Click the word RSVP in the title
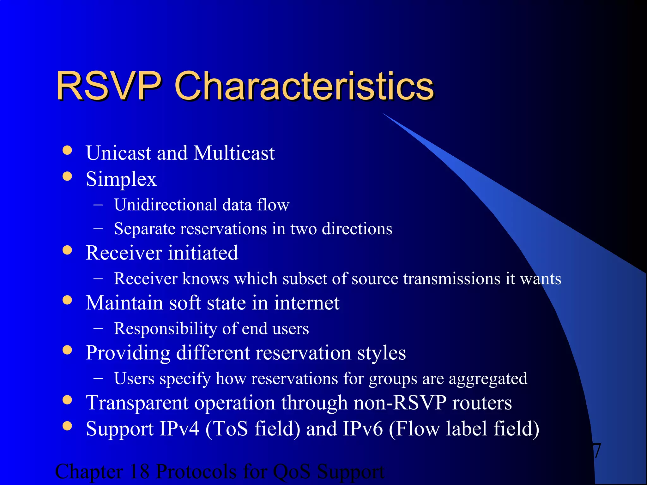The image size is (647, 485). point(109,86)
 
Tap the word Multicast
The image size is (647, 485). point(234,153)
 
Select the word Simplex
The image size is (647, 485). point(121,179)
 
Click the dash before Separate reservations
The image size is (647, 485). point(98,229)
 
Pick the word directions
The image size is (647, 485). point(357,229)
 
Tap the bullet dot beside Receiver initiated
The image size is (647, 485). point(67,250)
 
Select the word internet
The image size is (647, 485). point(307,303)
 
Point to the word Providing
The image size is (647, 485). point(128,353)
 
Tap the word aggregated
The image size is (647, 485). point(488,379)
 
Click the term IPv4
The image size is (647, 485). point(179,428)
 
